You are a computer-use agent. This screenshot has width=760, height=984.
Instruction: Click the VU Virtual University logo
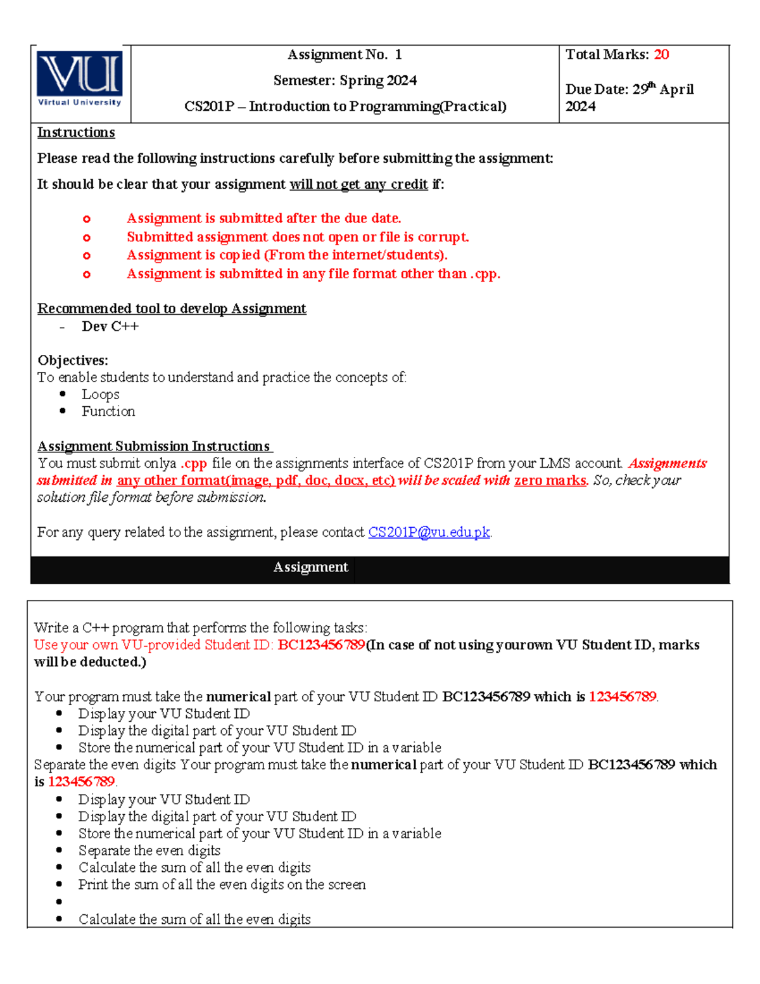[x=80, y=79]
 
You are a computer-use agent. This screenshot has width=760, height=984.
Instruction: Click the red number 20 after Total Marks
[x=661, y=54]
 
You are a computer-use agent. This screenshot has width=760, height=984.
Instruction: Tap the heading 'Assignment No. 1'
[x=345, y=54]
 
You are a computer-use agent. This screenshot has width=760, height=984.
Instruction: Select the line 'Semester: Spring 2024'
[x=345, y=80]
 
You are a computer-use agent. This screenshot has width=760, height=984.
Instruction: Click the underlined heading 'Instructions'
[x=76, y=132]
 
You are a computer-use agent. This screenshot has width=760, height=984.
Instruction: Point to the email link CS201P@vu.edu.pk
[x=429, y=532]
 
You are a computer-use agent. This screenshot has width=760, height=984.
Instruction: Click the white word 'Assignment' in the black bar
[x=310, y=567]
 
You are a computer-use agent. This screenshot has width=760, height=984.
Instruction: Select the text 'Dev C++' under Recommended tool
[x=110, y=326]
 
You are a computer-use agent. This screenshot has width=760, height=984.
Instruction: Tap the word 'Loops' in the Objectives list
[x=100, y=394]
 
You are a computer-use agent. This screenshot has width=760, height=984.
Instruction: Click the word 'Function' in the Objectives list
[x=108, y=411]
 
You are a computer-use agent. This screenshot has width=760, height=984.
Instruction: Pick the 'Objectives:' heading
[x=73, y=361]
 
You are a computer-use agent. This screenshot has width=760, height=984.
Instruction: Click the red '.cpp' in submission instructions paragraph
[x=194, y=463]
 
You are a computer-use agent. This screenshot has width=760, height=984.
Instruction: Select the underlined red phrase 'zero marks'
[x=550, y=480]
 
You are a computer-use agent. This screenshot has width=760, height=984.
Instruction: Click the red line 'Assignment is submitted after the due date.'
[x=263, y=219]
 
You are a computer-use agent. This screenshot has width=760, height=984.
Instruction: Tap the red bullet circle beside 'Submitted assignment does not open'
[x=87, y=238]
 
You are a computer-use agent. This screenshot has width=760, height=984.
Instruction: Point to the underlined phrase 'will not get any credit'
[x=358, y=184]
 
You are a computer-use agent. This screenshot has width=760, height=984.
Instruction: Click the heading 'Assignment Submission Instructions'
[x=154, y=446]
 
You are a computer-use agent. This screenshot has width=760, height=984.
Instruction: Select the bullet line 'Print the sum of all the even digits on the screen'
[x=222, y=885]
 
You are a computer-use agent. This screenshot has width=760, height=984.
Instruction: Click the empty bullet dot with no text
[x=60, y=902]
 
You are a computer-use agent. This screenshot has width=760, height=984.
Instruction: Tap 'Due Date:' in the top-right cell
[x=597, y=89]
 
